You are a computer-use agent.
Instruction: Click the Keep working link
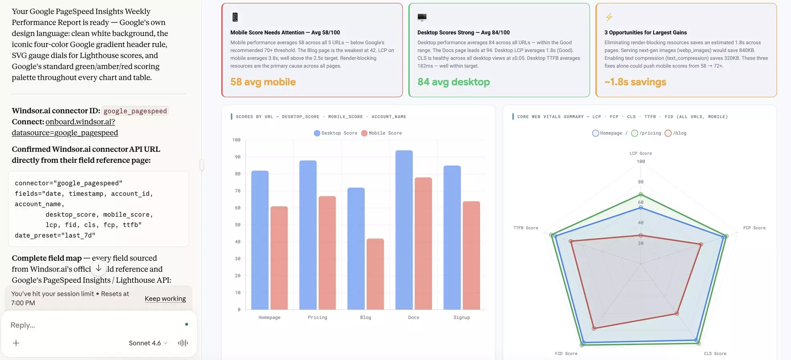click(x=165, y=298)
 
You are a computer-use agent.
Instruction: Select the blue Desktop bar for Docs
click(x=404, y=230)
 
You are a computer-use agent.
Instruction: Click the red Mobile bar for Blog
click(x=375, y=274)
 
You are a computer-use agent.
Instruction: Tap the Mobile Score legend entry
click(x=382, y=133)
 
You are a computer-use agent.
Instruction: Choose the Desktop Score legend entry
click(x=336, y=133)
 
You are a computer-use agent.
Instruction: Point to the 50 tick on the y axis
click(x=238, y=225)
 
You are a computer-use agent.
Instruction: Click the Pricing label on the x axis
click(x=318, y=317)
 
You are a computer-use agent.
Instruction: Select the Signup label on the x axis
click(x=461, y=317)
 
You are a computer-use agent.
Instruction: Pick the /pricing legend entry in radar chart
click(x=646, y=133)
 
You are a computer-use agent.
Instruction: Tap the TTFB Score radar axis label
click(x=526, y=228)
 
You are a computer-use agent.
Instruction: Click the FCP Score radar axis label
click(x=754, y=228)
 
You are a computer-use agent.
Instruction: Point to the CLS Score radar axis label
click(x=715, y=354)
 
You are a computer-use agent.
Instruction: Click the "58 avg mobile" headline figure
click(x=263, y=82)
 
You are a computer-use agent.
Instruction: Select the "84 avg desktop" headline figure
click(x=453, y=82)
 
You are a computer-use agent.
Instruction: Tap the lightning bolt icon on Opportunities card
click(x=609, y=17)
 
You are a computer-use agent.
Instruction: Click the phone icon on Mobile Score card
click(x=235, y=17)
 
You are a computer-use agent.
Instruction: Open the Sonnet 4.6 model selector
click(x=148, y=343)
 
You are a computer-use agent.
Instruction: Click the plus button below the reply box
click(x=16, y=343)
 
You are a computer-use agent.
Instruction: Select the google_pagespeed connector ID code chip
click(x=135, y=111)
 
